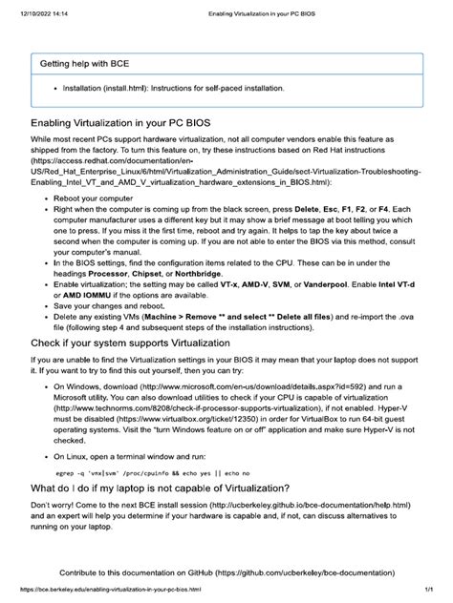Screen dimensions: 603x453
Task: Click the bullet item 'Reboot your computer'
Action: coord(94,198)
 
